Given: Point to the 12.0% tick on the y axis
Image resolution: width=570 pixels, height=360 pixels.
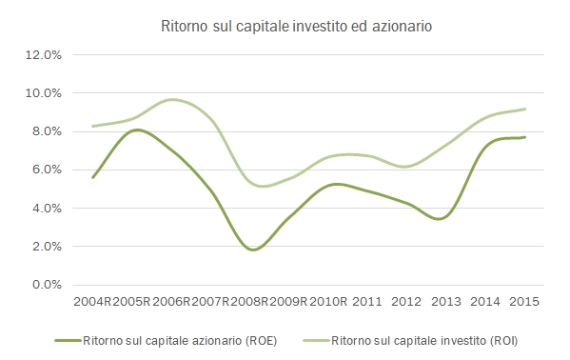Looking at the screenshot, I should [x=43, y=55].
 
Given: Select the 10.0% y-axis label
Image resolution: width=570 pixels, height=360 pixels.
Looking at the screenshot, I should [x=43, y=93].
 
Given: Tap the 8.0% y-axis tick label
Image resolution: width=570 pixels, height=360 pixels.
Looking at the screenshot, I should [x=45, y=131].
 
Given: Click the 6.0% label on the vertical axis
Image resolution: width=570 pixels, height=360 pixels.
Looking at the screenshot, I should [x=45, y=170].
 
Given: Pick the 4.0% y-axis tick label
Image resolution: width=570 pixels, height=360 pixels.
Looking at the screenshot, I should [x=45, y=208].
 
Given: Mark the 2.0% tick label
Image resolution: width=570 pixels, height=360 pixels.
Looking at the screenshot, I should [x=45, y=246].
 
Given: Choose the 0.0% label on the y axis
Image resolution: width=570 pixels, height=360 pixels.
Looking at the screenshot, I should [x=45, y=285].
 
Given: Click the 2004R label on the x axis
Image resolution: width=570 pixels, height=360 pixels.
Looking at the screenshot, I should [x=92, y=301].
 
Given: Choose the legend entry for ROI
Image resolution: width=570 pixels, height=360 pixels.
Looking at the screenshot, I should [x=418, y=339].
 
